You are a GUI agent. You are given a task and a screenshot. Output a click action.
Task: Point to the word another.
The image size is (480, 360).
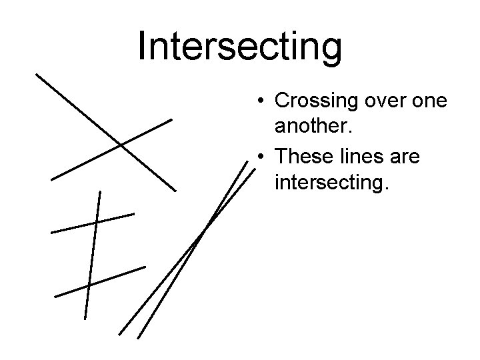click(x=310, y=125)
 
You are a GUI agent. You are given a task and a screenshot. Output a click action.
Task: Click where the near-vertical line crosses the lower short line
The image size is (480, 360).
click(x=89, y=285)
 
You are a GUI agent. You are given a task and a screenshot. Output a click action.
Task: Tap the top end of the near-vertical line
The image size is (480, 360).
click(x=100, y=191)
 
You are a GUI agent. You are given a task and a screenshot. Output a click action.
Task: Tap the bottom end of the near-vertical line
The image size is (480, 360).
click(x=85, y=319)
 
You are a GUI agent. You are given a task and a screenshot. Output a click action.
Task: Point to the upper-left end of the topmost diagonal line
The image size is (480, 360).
click(x=37, y=73)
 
